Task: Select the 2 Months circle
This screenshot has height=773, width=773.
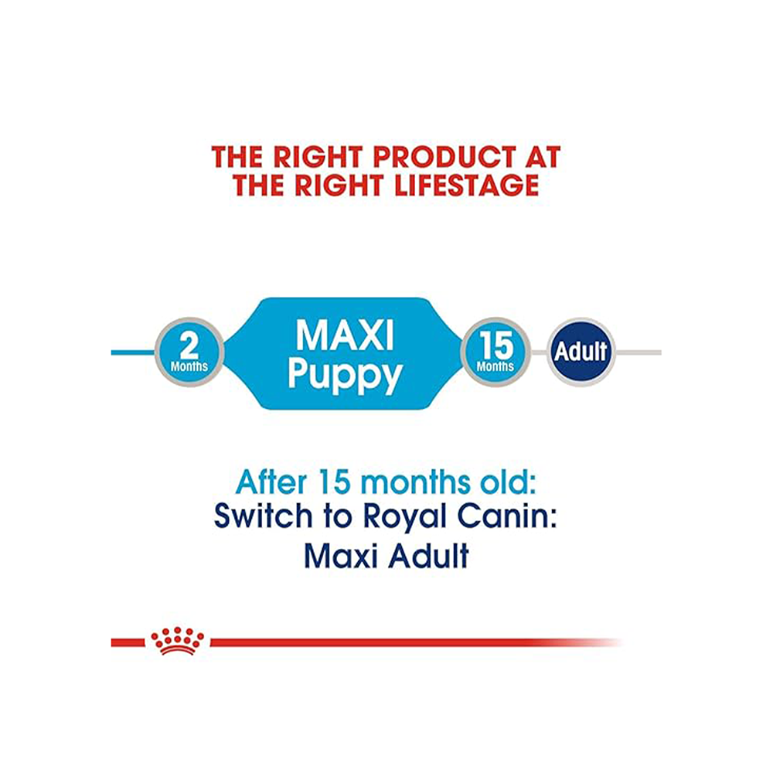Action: (189, 353)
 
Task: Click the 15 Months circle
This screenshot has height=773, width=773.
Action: (495, 353)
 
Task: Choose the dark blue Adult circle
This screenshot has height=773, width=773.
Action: (581, 352)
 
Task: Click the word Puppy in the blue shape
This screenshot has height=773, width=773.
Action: (345, 376)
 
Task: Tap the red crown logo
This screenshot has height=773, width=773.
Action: (178, 640)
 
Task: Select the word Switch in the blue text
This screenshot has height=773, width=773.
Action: (261, 516)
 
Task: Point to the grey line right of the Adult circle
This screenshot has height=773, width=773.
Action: (638, 352)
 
